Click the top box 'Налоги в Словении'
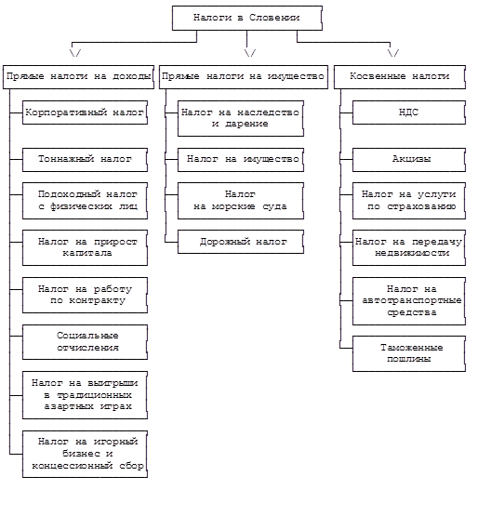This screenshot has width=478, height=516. coord(246,18)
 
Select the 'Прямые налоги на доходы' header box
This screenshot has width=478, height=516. coord(78,76)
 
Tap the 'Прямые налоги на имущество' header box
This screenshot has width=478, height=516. coord(244,76)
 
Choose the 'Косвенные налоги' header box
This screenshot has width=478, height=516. coord(400,76)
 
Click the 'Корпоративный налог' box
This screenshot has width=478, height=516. coord(85,112)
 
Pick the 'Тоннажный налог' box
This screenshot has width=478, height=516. coord(85,160)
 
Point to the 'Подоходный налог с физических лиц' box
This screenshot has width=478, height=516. coord(85,201)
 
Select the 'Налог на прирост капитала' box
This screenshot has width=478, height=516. coord(85,247)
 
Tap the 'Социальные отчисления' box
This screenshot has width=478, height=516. coord(85,342)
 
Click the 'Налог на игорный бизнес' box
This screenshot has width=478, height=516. coord(85,454)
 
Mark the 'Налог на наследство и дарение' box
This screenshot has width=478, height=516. coord(241,118)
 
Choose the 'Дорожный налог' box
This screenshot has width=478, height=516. coord(241,242)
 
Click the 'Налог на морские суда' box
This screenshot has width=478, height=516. coord(241,201)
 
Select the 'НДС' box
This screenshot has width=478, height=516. coord(409,112)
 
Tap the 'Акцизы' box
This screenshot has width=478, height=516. coord(409,160)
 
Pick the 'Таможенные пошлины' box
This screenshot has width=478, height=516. coord(409,354)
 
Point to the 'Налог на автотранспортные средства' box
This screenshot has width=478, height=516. coord(409,301)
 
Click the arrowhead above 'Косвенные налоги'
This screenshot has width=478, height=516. coord(393,53)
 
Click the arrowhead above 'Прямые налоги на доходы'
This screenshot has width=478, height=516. coord(75,53)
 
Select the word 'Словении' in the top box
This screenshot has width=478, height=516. coord(274,18)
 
